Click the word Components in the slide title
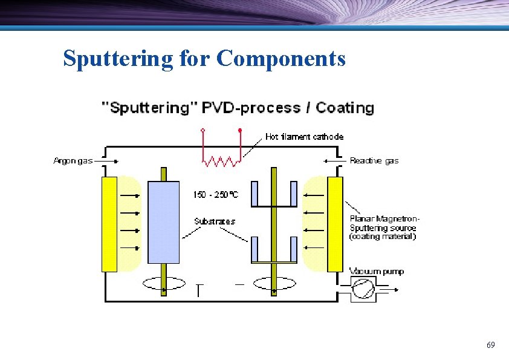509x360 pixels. pyautogui.click(x=280, y=59)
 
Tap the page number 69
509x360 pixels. pyautogui.click(x=490, y=345)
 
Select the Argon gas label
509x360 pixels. pyautogui.click(x=73, y=160)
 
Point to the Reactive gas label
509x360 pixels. pyautogui.click(x=374, y=160)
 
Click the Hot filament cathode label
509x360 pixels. pyautogui.click(x=304, y=137)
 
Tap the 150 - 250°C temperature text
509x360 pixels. pyautogui.click(x=215, y=195)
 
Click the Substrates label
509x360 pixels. pyautogui.click(x=215, y=221)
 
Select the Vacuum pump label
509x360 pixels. pyautogui.click(x=377, y=272)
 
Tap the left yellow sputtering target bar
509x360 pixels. pyautogui.click(x=109, y=224)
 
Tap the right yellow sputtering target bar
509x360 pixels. pyautogui.click(x=335, y=224)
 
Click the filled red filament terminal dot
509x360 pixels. pyautogui.click(x=240, y=130)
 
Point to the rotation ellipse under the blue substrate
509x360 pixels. pyautogui.click(x=164, y=283)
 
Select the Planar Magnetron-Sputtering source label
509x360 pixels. pyautogui.click(x=384, y=227)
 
